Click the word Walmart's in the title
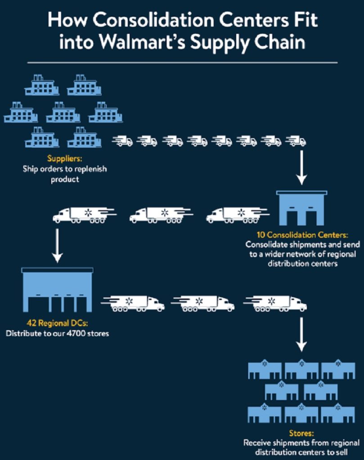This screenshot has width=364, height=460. [x=142, y=42]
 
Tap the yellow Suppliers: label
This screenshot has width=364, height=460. [x=65, y=159]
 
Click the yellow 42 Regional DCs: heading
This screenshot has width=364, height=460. [x=57, y=323]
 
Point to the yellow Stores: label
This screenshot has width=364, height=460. [x=301, y=433]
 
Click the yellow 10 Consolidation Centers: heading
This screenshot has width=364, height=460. [x=303, y=234]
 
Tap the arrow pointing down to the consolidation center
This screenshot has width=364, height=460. [x=301, y=168]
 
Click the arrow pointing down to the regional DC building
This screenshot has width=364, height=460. [x=57, y=246]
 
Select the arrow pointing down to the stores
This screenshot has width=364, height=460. [x=301, y=334]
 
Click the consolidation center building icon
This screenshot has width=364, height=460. [x=302, y=208]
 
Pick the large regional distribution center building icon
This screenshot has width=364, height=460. [x=57, y=290]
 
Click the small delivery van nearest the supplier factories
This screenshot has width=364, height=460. [x=122, y=141]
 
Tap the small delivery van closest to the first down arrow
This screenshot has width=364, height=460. [x=296, y=141]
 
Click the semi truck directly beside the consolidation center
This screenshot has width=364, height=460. [x=238, y=215]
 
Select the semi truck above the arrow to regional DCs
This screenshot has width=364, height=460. [x=84, y=215]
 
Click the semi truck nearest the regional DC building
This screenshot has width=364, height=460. [x=133, y=304]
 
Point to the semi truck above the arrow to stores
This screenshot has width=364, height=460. [x=275, y=304]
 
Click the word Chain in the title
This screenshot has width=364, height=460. [x=280, y=42]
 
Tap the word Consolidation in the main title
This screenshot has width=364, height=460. [x=153, y=20]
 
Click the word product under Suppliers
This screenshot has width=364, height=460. [x=65, y=179]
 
